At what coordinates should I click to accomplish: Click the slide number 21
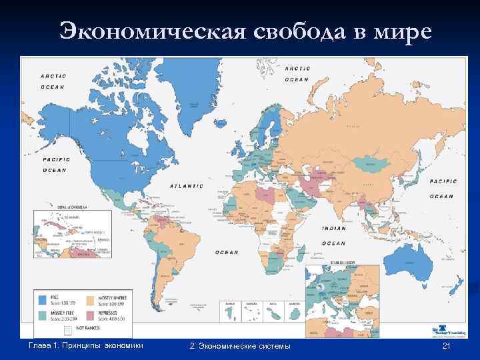pos(447,347)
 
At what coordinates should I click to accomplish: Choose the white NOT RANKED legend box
pos(67,329)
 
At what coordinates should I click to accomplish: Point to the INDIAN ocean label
pos(333,228)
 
